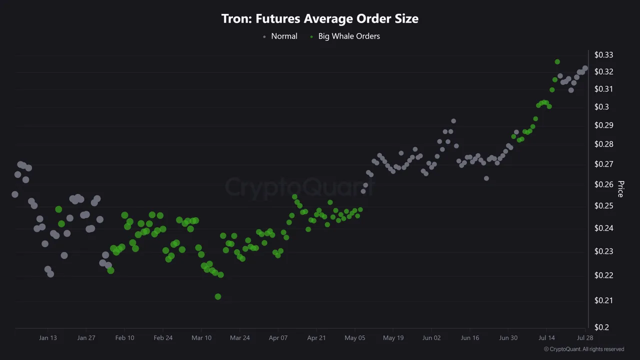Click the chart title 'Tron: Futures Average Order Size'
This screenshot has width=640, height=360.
320,19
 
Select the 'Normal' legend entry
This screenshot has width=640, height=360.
283,36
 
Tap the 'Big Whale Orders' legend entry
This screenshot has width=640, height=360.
348,36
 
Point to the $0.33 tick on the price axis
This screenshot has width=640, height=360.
603,55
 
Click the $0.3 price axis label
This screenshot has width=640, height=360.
601,107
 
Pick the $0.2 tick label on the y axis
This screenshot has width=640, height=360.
601,327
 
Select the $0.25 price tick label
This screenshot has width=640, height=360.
603,206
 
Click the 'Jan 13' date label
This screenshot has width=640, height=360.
48,338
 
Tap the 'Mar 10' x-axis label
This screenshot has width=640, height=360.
201,338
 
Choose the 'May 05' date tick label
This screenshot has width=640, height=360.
355,338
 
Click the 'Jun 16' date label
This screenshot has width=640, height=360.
470,338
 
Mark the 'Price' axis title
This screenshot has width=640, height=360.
620,189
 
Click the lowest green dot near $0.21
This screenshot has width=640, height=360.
218,296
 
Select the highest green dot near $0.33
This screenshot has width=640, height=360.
557,62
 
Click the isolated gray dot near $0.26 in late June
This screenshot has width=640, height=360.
486,178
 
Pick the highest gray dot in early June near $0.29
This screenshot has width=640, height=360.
453,121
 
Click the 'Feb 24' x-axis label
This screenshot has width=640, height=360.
163,338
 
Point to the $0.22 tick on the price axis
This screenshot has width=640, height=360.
603,275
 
